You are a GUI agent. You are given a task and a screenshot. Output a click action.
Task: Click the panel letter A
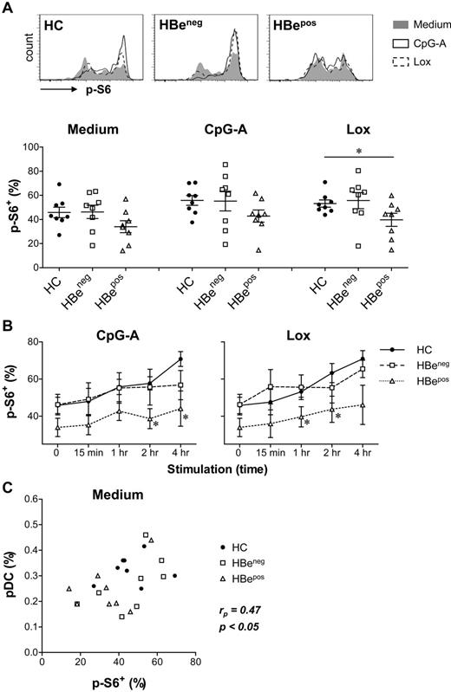[8, 8]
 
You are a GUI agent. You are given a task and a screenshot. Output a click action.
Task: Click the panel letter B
[8, 301]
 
